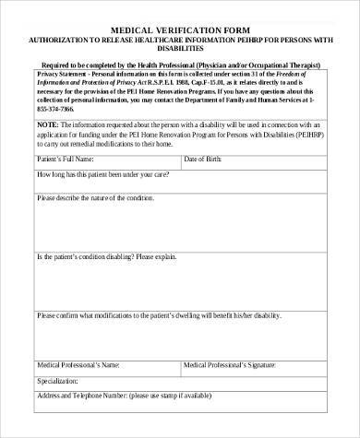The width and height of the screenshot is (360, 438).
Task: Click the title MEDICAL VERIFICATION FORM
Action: tap(180, 28)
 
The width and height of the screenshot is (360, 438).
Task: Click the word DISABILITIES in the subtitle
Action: tap(180, 52)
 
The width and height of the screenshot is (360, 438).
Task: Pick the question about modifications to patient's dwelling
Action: tap(158, 314)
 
